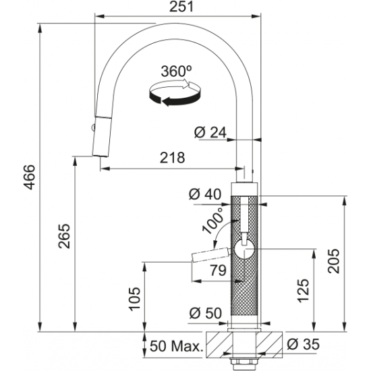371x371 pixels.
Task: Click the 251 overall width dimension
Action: click(181, 7)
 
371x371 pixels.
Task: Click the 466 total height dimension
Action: click(30, 177)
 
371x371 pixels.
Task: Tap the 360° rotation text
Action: click(176, 71)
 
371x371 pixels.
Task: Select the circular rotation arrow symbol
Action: click(175, 93)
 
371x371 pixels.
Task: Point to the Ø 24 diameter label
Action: click(210, 132)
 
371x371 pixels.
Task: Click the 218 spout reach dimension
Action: click(172, 158)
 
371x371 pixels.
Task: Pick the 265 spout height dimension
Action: click(64, 236)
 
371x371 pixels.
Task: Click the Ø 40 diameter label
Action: click(205, 194)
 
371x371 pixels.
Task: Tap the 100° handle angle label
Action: click(213, 221)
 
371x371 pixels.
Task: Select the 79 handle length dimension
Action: click(218, 270)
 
